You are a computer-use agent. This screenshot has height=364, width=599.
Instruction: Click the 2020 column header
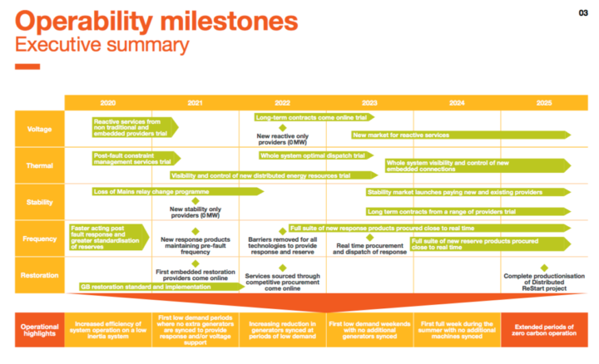pos(108,102)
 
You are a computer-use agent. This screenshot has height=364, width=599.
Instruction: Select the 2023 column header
pos(369,102)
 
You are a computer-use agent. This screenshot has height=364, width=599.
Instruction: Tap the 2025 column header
pos(543,102)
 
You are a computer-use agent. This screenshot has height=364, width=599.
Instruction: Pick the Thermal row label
pos(40,165)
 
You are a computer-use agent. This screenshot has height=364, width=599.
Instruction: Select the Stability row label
pos(40,201)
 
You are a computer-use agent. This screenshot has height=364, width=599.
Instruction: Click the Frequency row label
pos(40,239)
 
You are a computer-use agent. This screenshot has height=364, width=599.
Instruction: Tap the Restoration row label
pos(40,273)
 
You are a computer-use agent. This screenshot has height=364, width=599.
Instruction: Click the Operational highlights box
pos(40,329)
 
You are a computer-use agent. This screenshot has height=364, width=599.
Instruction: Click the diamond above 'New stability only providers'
pos(196,200)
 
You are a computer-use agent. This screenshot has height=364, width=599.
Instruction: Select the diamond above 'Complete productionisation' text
pos(544,268)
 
